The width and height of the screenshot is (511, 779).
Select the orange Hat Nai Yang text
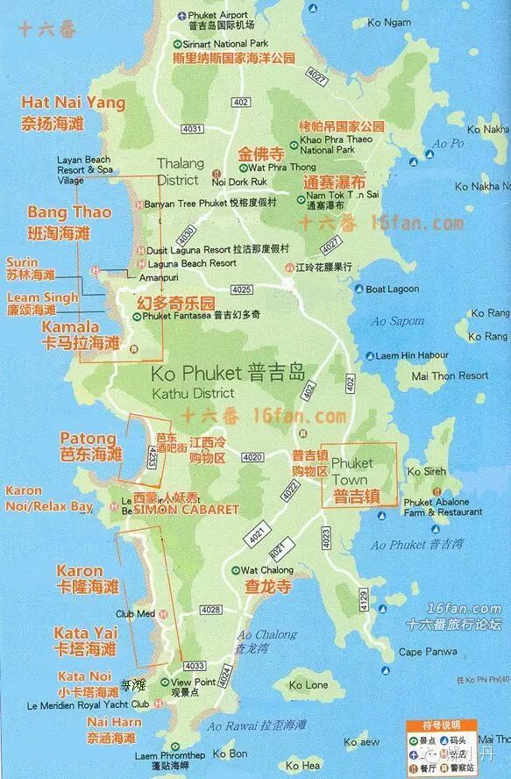tap(74, 103)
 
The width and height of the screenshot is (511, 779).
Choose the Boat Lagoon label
tap(391, 289)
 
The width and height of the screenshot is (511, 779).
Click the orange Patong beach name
tap(88, 438)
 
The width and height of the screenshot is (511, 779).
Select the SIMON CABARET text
tap(186, 510)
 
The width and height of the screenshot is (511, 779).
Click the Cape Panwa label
tap(427, 652)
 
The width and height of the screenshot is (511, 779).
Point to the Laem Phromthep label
tap(170, 755)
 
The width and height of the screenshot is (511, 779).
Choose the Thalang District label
tap(180, 172)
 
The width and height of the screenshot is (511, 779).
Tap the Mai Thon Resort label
tap(450, 375)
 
